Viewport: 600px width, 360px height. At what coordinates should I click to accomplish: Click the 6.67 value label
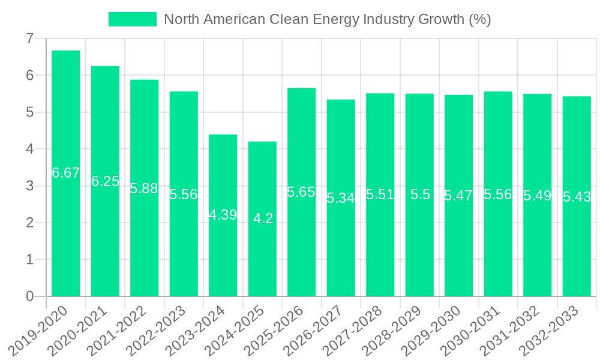point(66,173)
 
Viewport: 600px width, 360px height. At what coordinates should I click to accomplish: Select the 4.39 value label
point(223,215)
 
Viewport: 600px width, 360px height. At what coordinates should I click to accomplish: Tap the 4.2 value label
point(263,218)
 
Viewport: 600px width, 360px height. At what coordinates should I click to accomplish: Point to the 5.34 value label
point(341,198)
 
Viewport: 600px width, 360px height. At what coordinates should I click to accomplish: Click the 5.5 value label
point(420,194)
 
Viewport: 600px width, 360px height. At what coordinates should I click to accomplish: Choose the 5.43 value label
point(577,197)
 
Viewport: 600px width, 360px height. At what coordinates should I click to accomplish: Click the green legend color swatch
point(132,19)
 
